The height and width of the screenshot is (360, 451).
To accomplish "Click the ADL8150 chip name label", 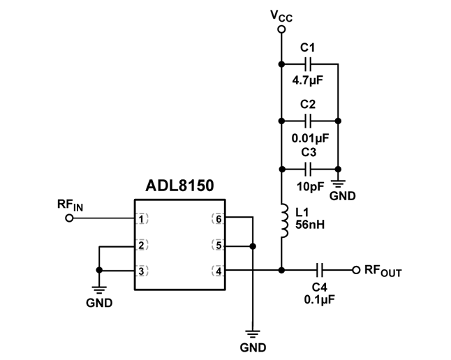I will pos(179,186).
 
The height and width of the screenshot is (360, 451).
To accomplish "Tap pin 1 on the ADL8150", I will pos(142,218).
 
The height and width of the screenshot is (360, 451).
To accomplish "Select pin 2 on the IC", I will pos(142,245).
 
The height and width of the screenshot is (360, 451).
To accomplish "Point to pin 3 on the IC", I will pos(142,270).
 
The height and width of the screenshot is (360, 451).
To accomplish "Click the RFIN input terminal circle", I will pos(68,218).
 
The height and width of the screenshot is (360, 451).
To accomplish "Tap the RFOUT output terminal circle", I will pos(355,270).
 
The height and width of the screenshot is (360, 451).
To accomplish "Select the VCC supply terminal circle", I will pos(281,29).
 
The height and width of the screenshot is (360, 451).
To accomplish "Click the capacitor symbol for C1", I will pos(309,64).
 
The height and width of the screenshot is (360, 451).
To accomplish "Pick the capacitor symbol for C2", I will pos(309,120).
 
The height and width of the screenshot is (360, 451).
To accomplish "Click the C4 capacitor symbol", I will pos(320,270).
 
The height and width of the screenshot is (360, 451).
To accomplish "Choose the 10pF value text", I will pos(309,187).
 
